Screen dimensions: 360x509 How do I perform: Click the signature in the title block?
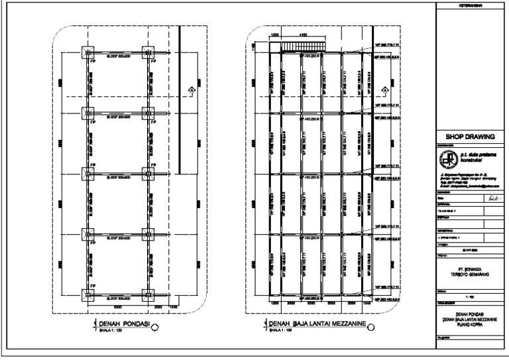490,198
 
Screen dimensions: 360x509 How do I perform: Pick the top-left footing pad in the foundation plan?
88,52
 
